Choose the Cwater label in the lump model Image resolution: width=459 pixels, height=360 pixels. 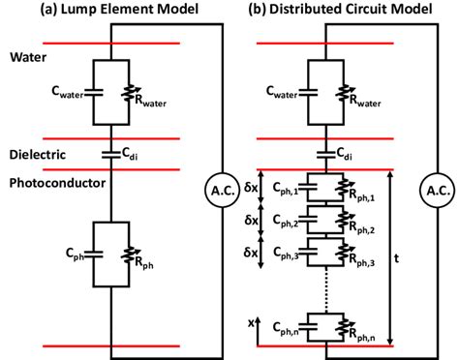(x=61, y=93)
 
